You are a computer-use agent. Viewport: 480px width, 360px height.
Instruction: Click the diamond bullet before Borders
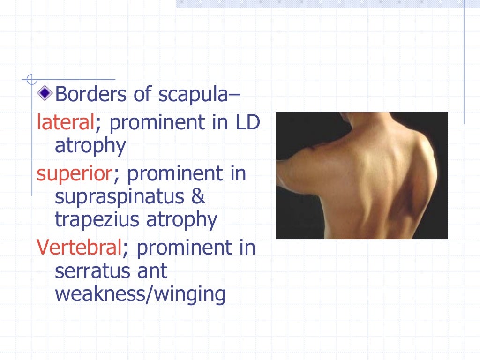[45, 94]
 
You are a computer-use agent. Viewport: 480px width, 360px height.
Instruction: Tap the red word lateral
[66, 123]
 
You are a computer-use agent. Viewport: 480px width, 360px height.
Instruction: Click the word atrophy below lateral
[90, 147]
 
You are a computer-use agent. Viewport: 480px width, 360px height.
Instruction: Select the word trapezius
[95, 220]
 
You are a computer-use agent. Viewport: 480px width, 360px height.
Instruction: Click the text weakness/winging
[140, 295]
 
